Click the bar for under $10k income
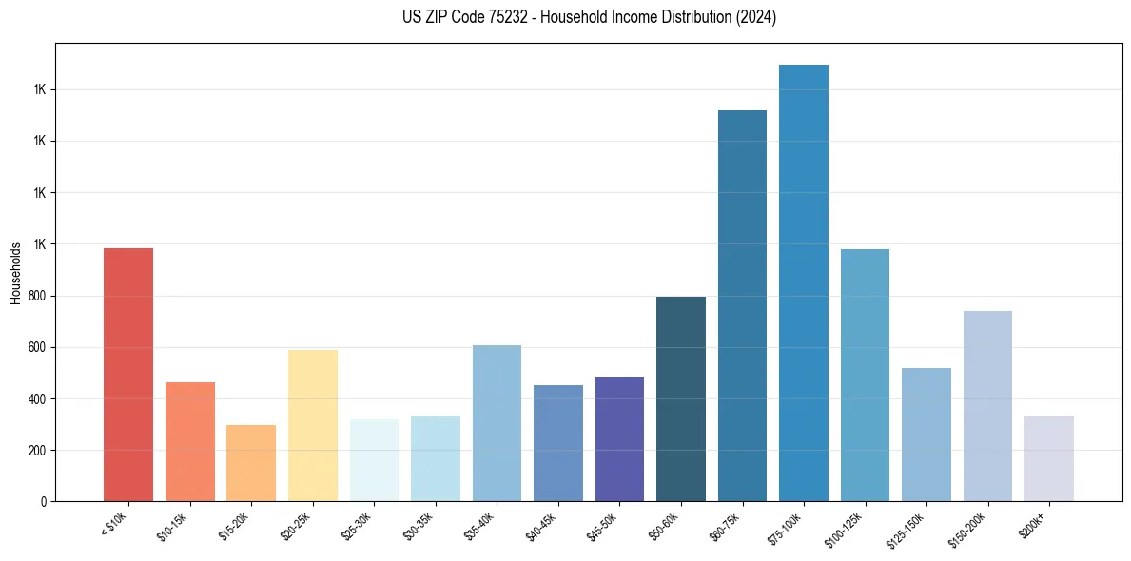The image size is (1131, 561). click(x=128, y=375)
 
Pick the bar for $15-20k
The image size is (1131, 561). click(x=251, y=463)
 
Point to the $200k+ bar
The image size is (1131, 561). click(x=1048, y=458)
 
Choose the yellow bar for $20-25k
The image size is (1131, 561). click(x=313, y=426)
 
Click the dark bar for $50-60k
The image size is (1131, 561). click(x=681, y=399)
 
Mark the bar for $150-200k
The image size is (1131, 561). click(x=987, y=406)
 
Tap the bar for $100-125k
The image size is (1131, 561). click(x=865, y=376)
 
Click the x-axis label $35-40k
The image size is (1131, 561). click(x=480, y=527)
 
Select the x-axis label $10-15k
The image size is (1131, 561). click(x=173, y=527)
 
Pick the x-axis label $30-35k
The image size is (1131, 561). click(x=419, y=527)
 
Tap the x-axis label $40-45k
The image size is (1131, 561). click(x=541, y=527)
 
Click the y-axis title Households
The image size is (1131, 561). click(x=15, y=272)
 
